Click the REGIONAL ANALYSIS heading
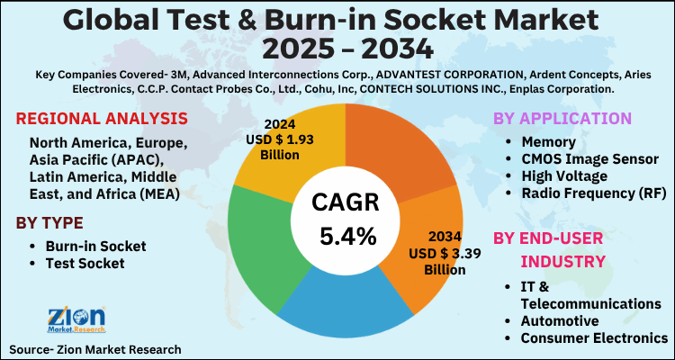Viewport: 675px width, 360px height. click(102, 119)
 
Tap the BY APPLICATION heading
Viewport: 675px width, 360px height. click(562, 118)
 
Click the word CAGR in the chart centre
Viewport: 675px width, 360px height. click(347, 202)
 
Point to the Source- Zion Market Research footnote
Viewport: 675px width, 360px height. click(95, 348)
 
